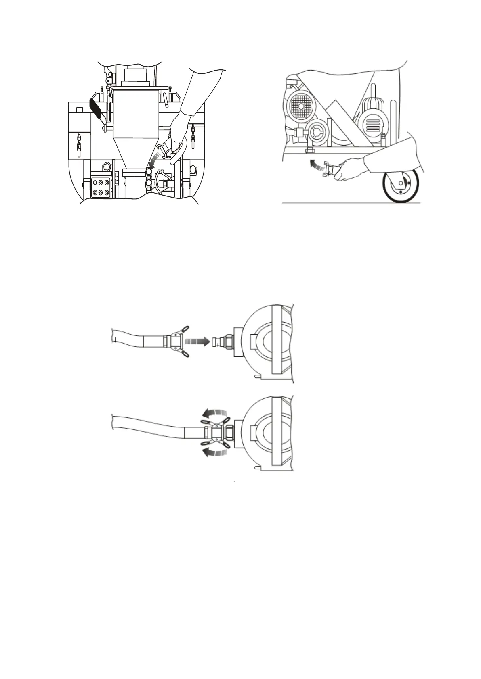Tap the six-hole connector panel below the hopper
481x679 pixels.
point(101,188)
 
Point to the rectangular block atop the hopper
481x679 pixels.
point(136,75)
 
